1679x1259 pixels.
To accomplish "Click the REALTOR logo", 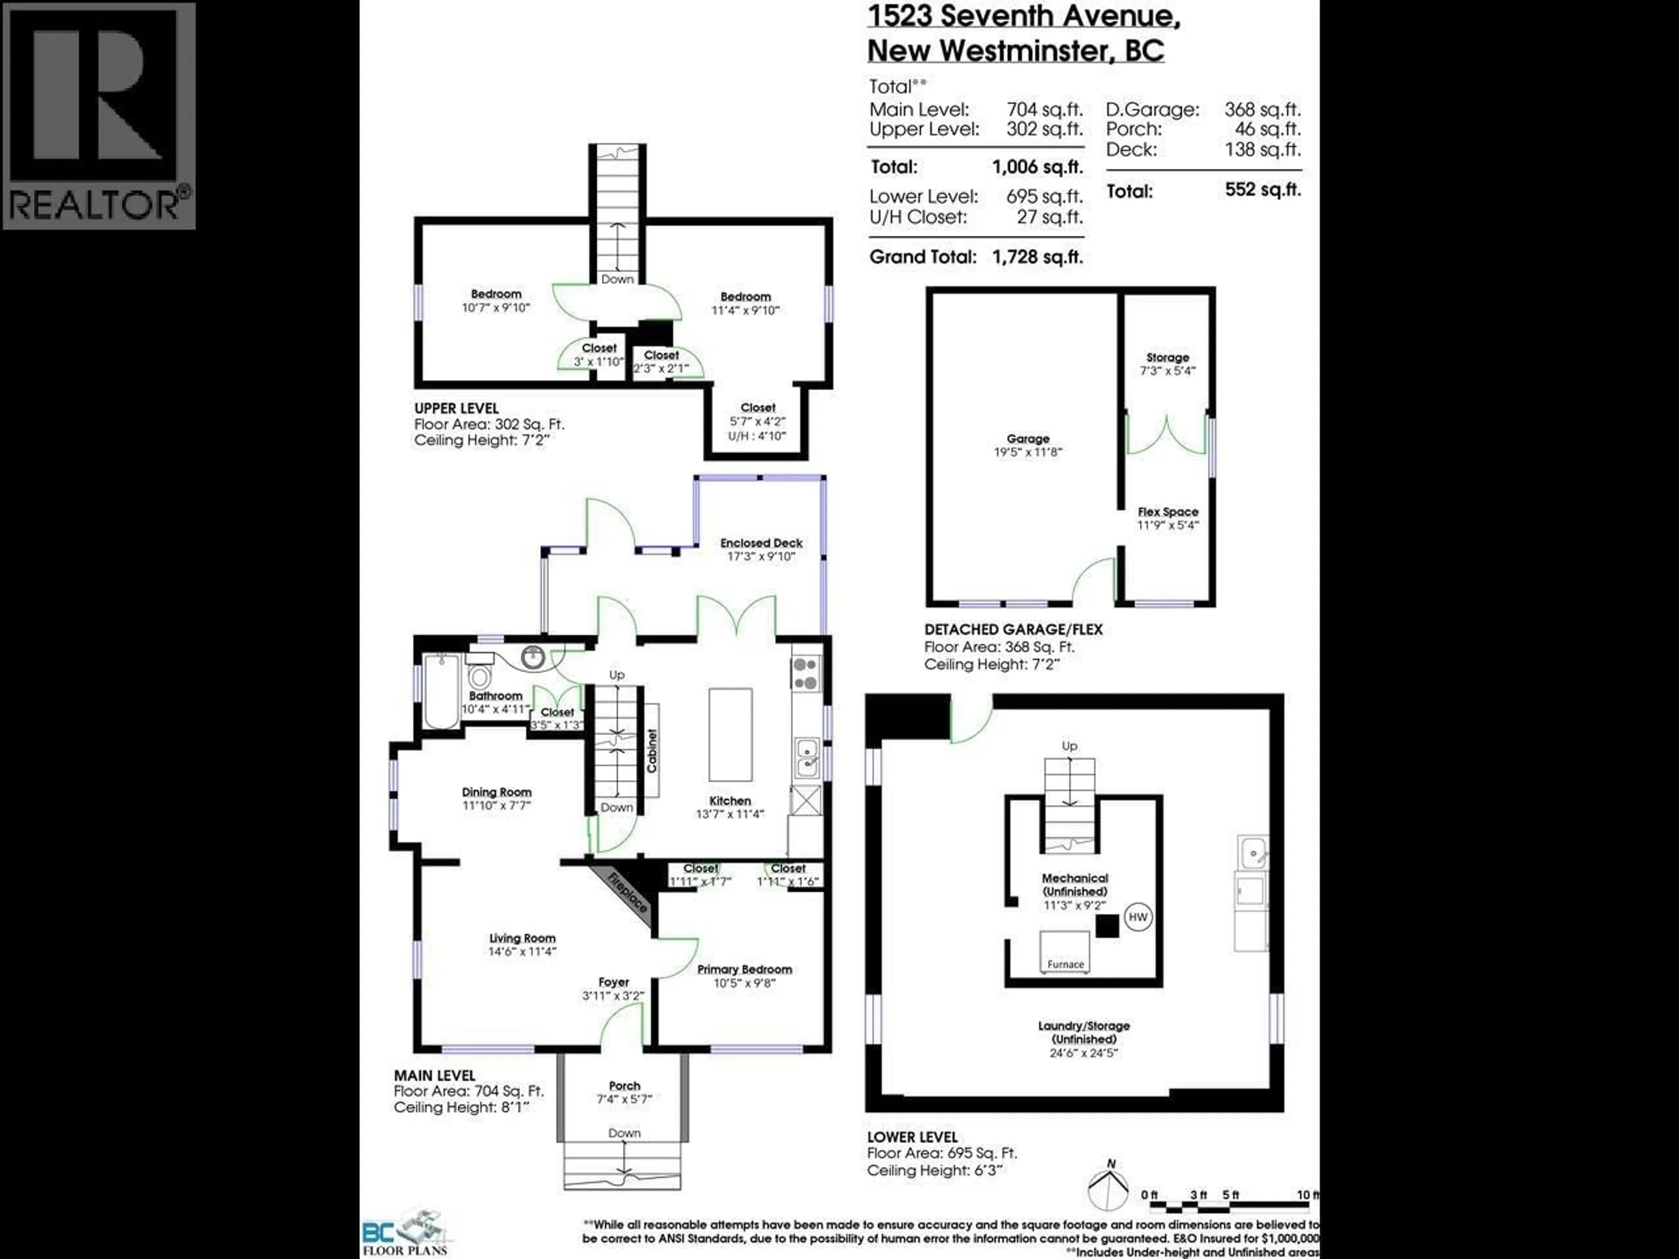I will pos(99,115).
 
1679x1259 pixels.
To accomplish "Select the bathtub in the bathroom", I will pos(440,691).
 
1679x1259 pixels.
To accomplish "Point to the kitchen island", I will pos(730,734).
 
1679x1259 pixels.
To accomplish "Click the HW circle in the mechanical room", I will pos(1137,917).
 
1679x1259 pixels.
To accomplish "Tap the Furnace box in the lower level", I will pos(1065,953).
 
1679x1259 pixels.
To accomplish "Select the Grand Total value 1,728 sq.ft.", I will pos(1037,257).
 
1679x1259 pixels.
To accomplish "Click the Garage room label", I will pos(1028,438).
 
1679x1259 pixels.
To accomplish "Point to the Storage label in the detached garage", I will pos(1167,358).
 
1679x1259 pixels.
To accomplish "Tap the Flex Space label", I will pos(1167,512).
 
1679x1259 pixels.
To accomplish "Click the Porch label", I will pos(624,1086).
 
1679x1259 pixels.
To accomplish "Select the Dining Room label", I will pos(496,792).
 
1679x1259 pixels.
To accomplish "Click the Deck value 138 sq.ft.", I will pos(1262,150).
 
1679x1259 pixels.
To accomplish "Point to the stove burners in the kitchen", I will pos(805,673).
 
